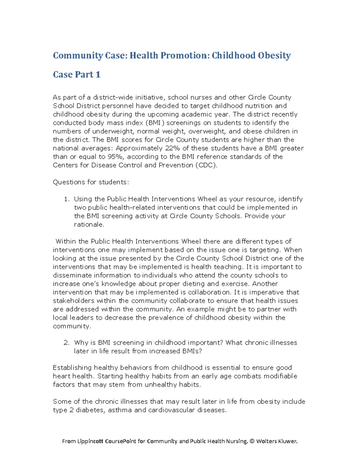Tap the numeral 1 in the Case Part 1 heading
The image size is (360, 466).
click(x=98, y=74)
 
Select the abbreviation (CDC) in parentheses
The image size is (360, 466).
click(x=206, y=165)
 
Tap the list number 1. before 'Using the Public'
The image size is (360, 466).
click(x=67, y=199)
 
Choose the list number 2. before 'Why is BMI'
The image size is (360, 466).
click(x=67, y=343)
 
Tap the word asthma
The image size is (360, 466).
click(x=120, y=410)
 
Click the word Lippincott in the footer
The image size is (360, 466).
click(x=90, y=441)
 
